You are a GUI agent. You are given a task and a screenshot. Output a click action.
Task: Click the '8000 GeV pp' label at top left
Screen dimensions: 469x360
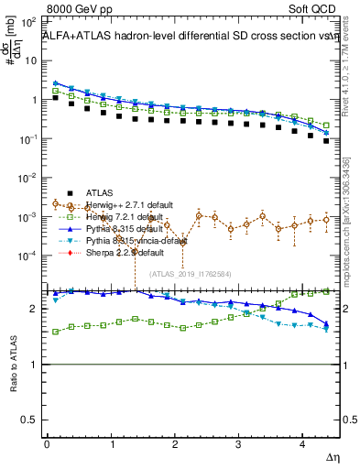[78, 9]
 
